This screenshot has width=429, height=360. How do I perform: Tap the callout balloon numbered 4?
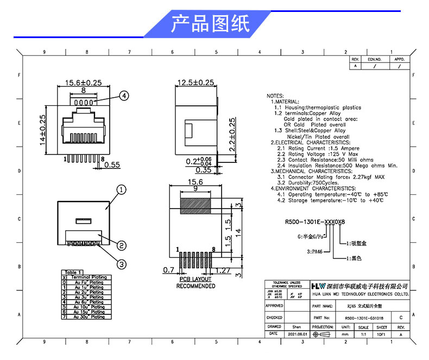tap(124, 96)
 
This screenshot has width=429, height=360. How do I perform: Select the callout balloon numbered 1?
tap(121, 190)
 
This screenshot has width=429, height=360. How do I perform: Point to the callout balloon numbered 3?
tap(121, 264)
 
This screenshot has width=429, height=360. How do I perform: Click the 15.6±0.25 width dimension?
tap(84, 83)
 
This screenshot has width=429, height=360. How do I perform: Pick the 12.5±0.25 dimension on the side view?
tap(195, 83)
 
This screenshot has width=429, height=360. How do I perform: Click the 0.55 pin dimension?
tap(112, 165)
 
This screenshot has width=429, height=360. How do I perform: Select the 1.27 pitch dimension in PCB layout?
tap(224, 270)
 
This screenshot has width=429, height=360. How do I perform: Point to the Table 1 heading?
tap(73, 272)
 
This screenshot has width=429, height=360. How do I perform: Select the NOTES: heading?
tap(276, 95)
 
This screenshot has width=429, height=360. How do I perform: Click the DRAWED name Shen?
tap(296, 327)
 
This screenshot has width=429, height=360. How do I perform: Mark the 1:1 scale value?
tap(363, 334)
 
